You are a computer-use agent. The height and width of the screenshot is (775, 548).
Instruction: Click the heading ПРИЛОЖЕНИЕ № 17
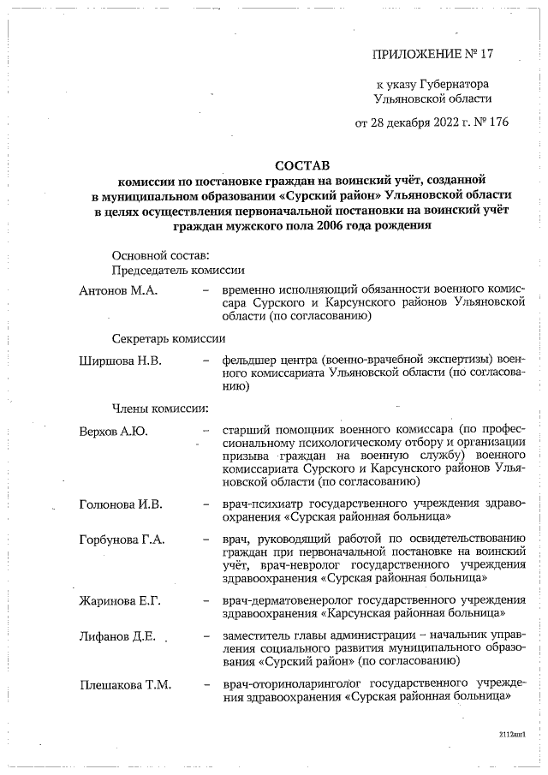(433, 54)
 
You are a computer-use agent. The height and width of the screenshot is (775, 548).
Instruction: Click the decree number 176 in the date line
(497, 122)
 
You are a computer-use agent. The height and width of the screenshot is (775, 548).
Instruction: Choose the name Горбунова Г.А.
(122, 539)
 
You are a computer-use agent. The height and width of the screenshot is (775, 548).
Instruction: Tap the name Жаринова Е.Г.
(121, 599)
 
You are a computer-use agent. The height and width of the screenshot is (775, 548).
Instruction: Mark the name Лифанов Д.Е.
(116, 636)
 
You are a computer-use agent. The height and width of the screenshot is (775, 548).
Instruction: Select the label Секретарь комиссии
(168, 338)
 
